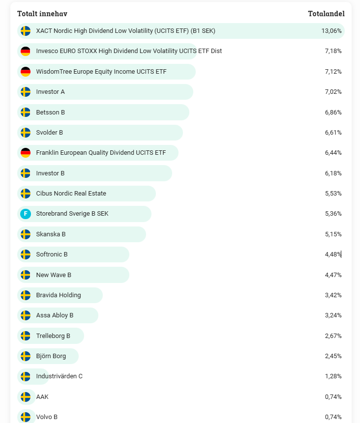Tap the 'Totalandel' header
coord(326,14)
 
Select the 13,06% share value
coord(331,31)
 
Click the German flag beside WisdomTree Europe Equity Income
coord(26,72)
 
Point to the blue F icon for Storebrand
coord(26,214)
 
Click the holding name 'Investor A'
coord(50,92)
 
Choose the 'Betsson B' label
coord(50,113)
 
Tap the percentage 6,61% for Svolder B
coord(333,133)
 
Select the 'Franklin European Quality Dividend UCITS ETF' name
coord(101,153)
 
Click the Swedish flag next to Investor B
coord(26,173)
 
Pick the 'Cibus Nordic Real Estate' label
coord(71,194)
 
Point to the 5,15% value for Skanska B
coord(333,234)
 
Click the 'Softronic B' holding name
coord(52,254)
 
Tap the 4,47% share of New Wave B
coord(333,275)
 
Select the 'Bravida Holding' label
coord(59,295)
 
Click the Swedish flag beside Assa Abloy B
coord(26,315)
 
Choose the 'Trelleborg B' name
coord(53,336)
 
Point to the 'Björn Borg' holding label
coord(51,356)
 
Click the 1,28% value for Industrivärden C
coord(333,376)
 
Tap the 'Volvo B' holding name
coord(47,417)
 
